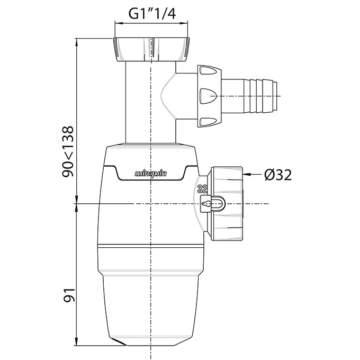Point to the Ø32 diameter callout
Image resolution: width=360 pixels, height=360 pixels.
[x=277, y=174]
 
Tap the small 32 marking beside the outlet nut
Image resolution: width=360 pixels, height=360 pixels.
[x=202, y=189]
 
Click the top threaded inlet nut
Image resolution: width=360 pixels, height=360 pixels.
[x=151, y=49]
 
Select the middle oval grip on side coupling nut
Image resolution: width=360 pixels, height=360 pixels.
[x=208, y=96]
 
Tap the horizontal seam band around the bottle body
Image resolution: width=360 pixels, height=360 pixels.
[x=151, y=247]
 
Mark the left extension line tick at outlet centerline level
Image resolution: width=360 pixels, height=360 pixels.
[x=77, y=204]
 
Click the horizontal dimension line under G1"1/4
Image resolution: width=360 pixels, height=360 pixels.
[x=151, y=23]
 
